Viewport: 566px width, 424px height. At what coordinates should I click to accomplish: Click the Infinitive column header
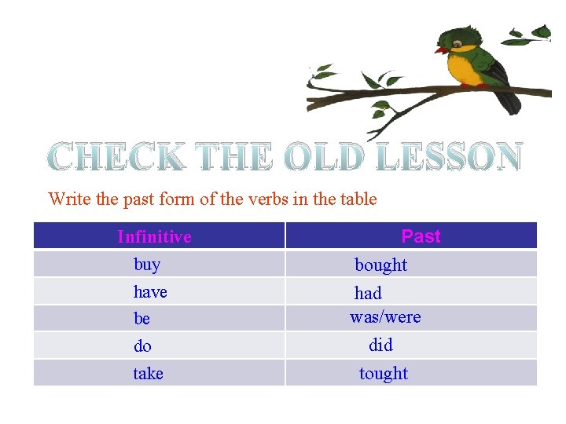coord(154,236)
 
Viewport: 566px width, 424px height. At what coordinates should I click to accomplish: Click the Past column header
coord(421,236)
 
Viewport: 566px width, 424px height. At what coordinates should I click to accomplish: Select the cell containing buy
coord(147,265)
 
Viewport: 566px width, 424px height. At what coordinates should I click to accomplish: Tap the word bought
coord(380,265)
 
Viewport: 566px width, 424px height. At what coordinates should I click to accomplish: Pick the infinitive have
coord(150,292)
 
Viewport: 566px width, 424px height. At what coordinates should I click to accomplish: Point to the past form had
coord(368,294)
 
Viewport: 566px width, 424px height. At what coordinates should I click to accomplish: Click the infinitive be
coord(142,319)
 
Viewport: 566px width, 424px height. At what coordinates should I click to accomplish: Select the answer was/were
coord(385,317)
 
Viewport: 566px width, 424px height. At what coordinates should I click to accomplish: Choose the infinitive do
coord(142,346)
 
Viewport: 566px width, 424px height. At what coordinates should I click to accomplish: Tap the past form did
coord(380,345)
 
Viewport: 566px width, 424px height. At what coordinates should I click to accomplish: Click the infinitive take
coord(148,374)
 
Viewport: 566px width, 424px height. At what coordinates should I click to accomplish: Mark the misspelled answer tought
coord(384,374)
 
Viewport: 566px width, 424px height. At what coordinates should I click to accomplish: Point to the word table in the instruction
coord(357,199)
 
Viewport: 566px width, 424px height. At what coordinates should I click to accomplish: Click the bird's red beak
coord(441,50)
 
